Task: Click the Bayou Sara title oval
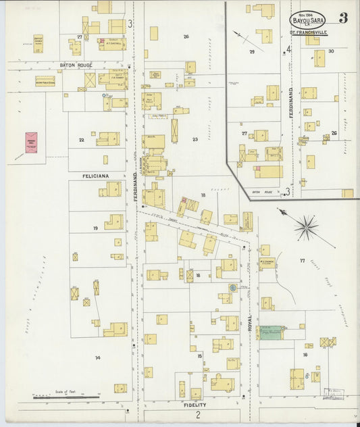point(308,20)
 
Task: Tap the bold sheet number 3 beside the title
point(344,18)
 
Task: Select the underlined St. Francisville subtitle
point(308,32)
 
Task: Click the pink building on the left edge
point(31,143)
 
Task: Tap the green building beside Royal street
point(272,332)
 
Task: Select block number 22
point(81,140)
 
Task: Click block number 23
point(195,140)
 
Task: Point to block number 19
point(95,228)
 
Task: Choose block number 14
point(97,357)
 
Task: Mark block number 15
point(199,355)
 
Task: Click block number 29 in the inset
point(252,51)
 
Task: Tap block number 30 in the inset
point(331,51)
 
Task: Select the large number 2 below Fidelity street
point(198,414)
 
